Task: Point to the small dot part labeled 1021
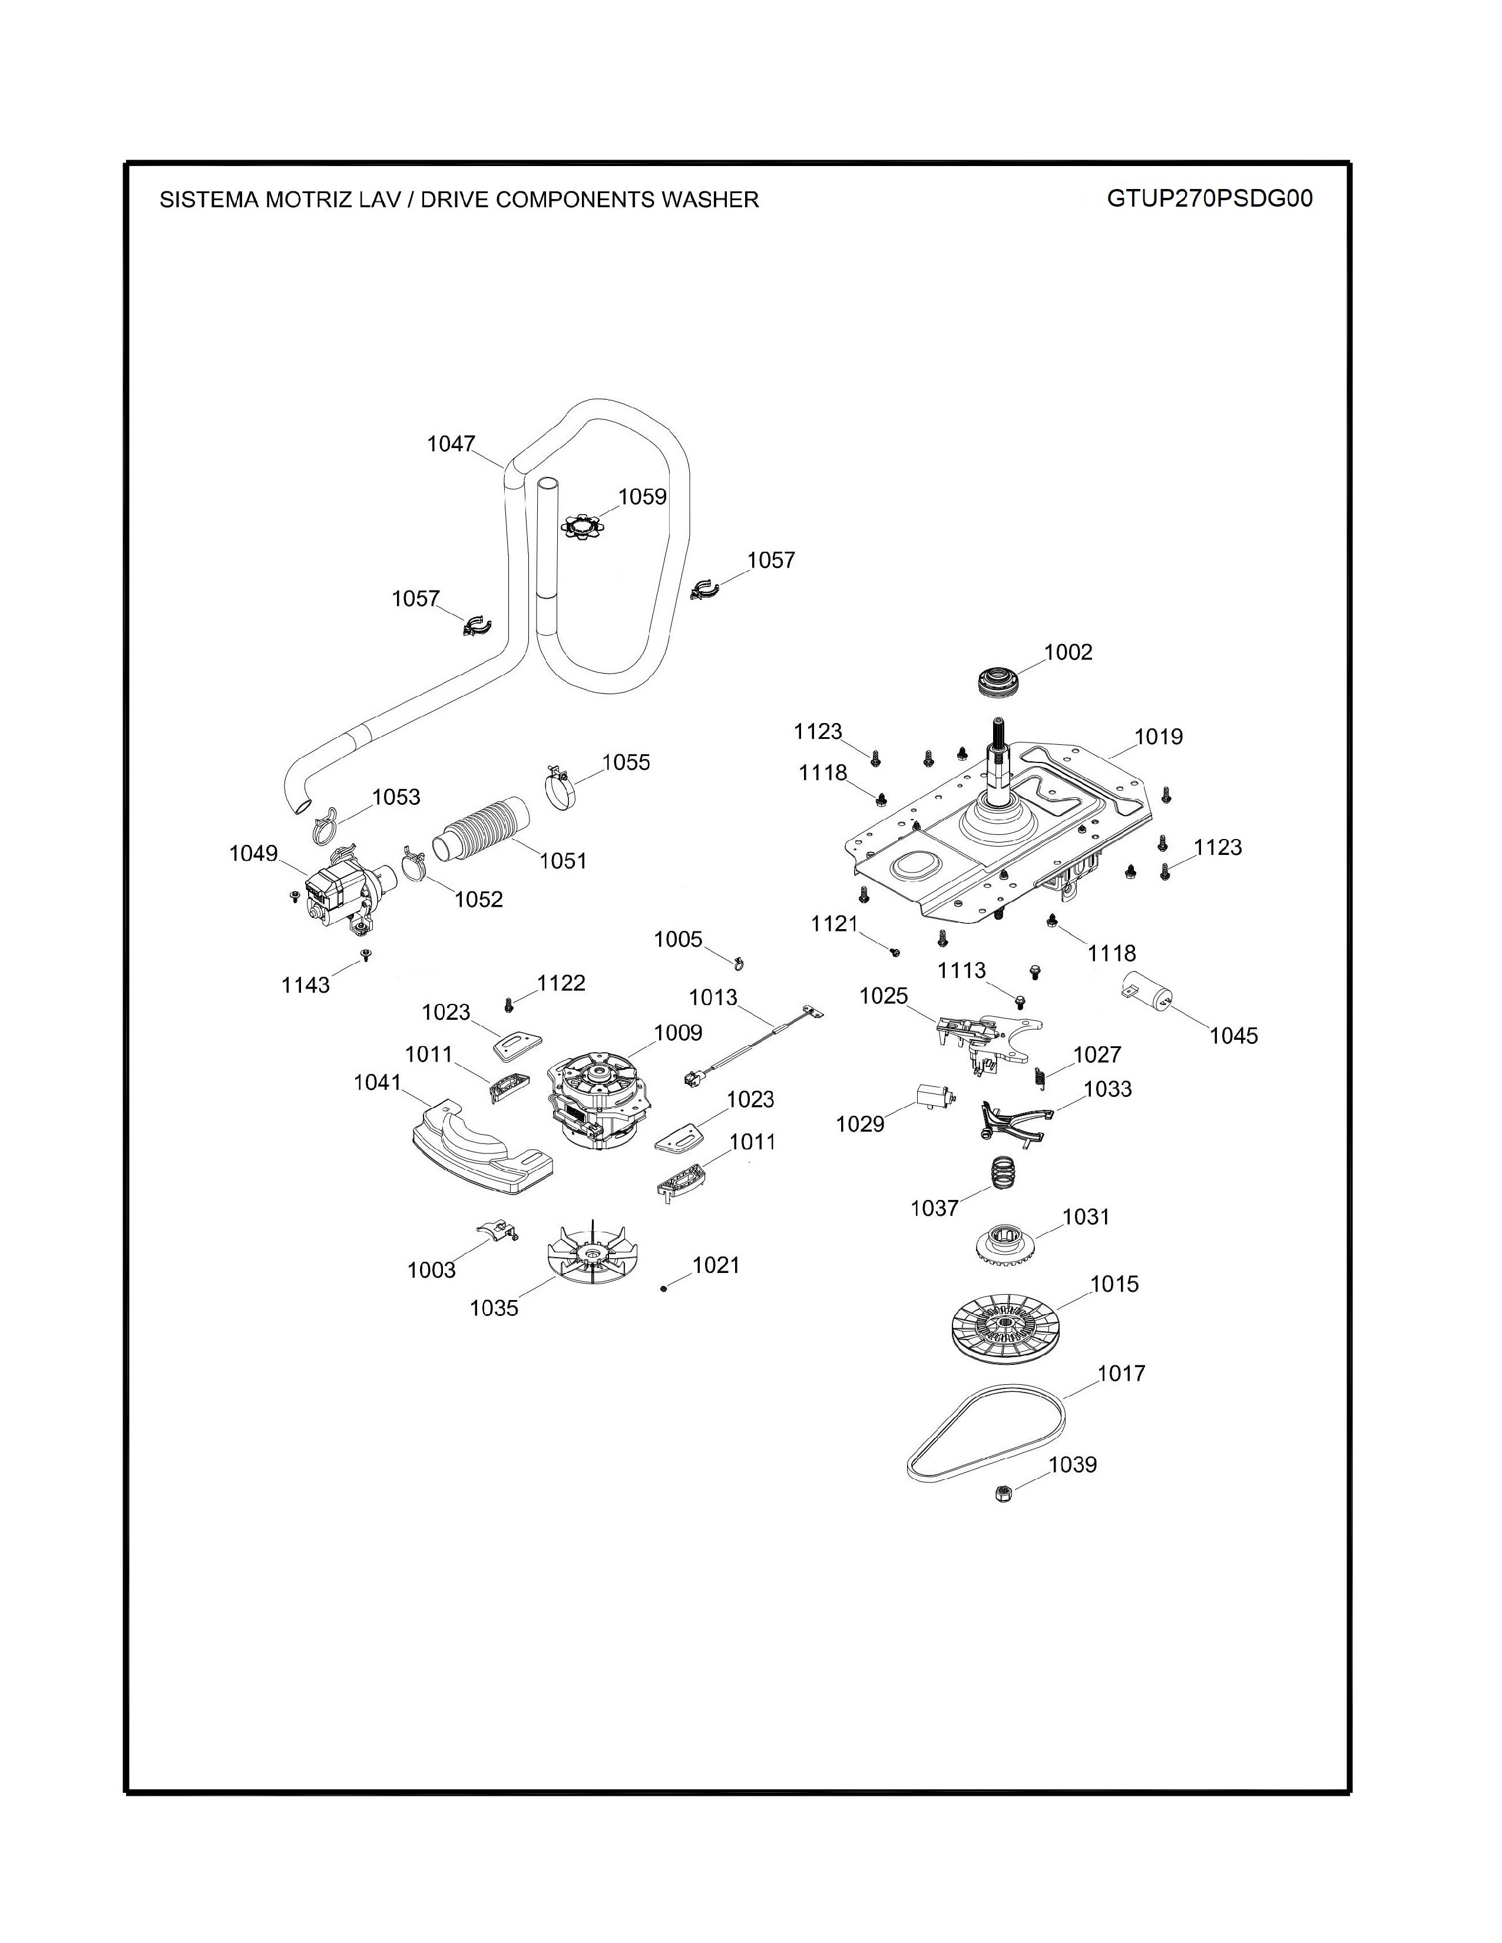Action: click(x=664, y=1288)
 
